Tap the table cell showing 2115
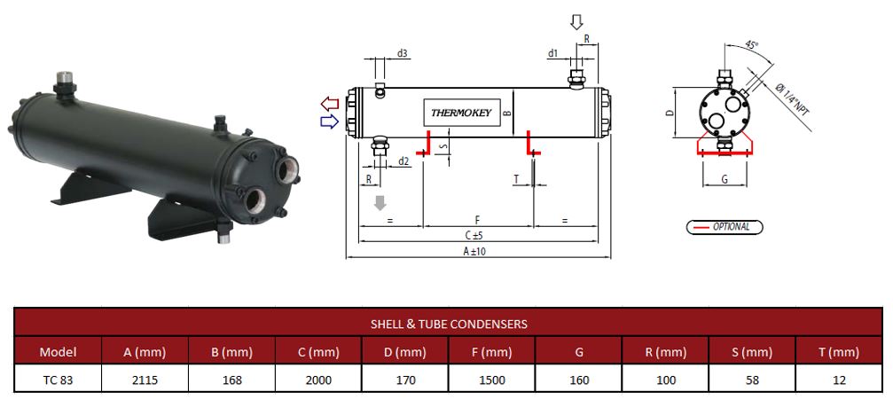tap(145, 380)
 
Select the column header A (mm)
tap(145, 352)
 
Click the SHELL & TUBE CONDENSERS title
tap(448, 324)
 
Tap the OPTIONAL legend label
tap(731, 227)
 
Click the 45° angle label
tap(750, 45)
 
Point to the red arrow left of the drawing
tap(330, 105)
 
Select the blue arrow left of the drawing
tap(330, 121)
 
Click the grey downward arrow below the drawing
tap(381, 203)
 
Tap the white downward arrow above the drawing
tap(577, 21)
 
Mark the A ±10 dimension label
tap(474, 252)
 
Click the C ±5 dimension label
tap(478, 236)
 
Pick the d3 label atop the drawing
tap(402, 54)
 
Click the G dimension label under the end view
tap(724, 179)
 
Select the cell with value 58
tap(753, 380)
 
